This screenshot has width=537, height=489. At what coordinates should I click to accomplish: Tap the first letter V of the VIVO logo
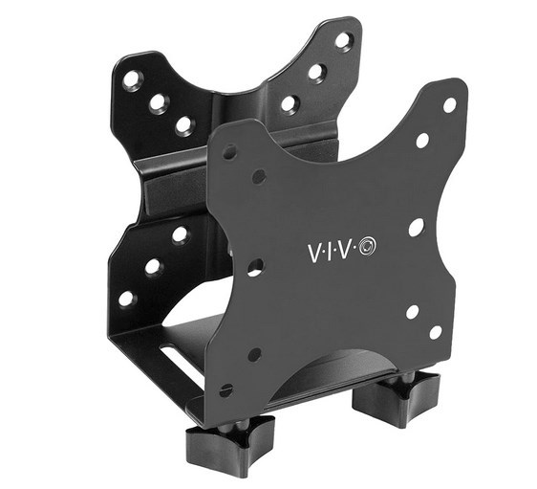[312, 250]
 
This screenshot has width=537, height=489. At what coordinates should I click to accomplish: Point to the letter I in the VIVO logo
[331, 250]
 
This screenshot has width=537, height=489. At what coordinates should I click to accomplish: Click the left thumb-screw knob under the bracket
[219, 443]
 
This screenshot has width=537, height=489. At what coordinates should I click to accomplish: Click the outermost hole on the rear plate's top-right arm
[342, 41]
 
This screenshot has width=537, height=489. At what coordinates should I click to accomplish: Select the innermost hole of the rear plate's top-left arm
[183, 124]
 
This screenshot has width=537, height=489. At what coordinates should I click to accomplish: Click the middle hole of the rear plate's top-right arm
[315, 72]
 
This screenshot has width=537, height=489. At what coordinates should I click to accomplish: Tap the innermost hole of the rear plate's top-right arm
[289, 102]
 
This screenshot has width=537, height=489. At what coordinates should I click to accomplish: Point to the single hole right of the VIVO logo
[415, 228]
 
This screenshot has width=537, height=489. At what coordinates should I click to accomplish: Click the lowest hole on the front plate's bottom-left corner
[226, 389]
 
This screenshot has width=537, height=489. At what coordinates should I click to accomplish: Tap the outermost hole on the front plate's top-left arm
[229, 151]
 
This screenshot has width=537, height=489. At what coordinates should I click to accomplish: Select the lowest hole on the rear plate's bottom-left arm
[125, 299]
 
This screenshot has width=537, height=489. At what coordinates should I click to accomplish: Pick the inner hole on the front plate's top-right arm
[422, 141]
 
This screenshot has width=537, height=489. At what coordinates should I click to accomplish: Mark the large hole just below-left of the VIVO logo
[254, 267]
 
